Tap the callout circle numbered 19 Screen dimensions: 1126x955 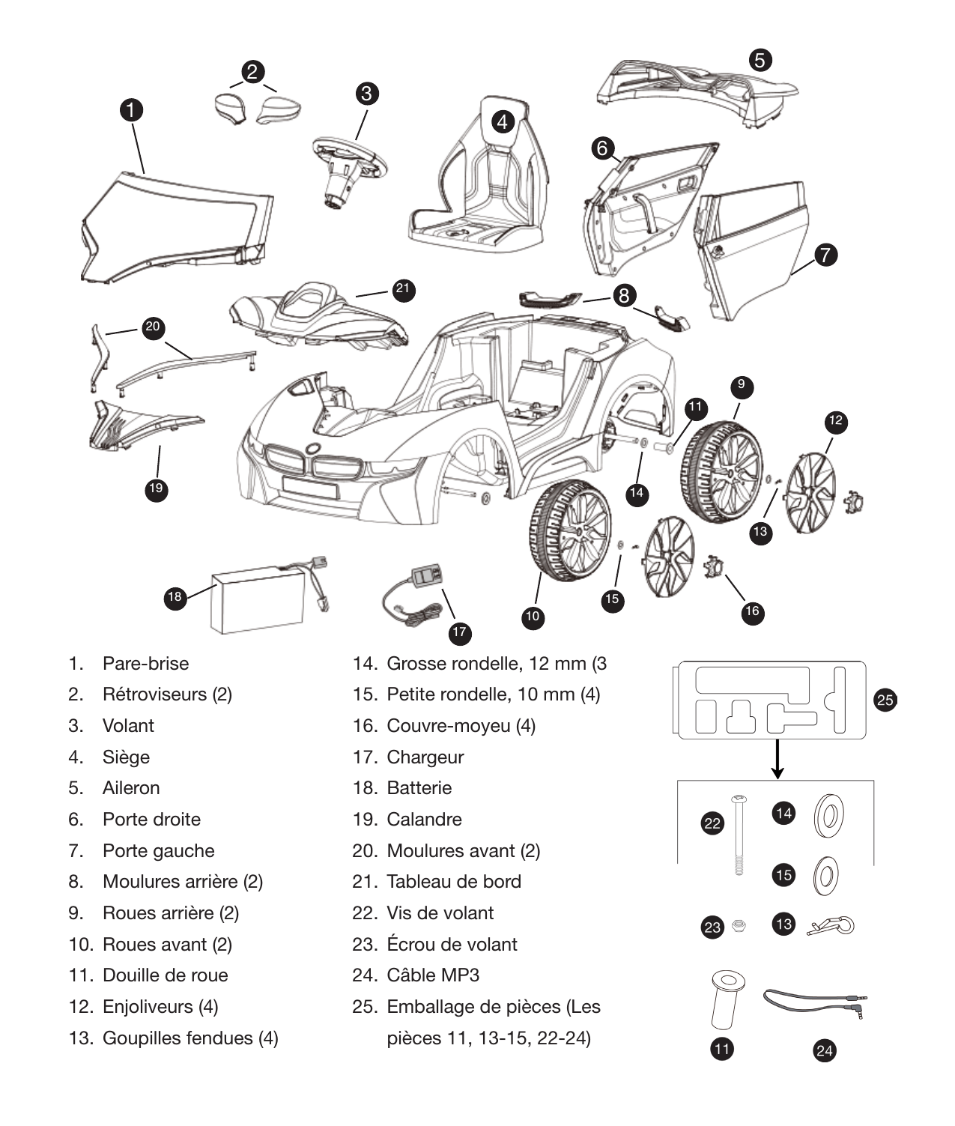(155, 488)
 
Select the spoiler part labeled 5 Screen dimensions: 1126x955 (697, 90)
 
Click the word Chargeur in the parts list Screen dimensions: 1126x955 (425, 757)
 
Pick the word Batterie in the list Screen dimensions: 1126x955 (419, 788)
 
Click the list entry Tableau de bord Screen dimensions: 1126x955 (453, 882)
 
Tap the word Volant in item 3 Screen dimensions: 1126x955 (128, 725)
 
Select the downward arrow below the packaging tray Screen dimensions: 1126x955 (778, 758)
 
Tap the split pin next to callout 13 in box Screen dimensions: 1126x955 (831, 927)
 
